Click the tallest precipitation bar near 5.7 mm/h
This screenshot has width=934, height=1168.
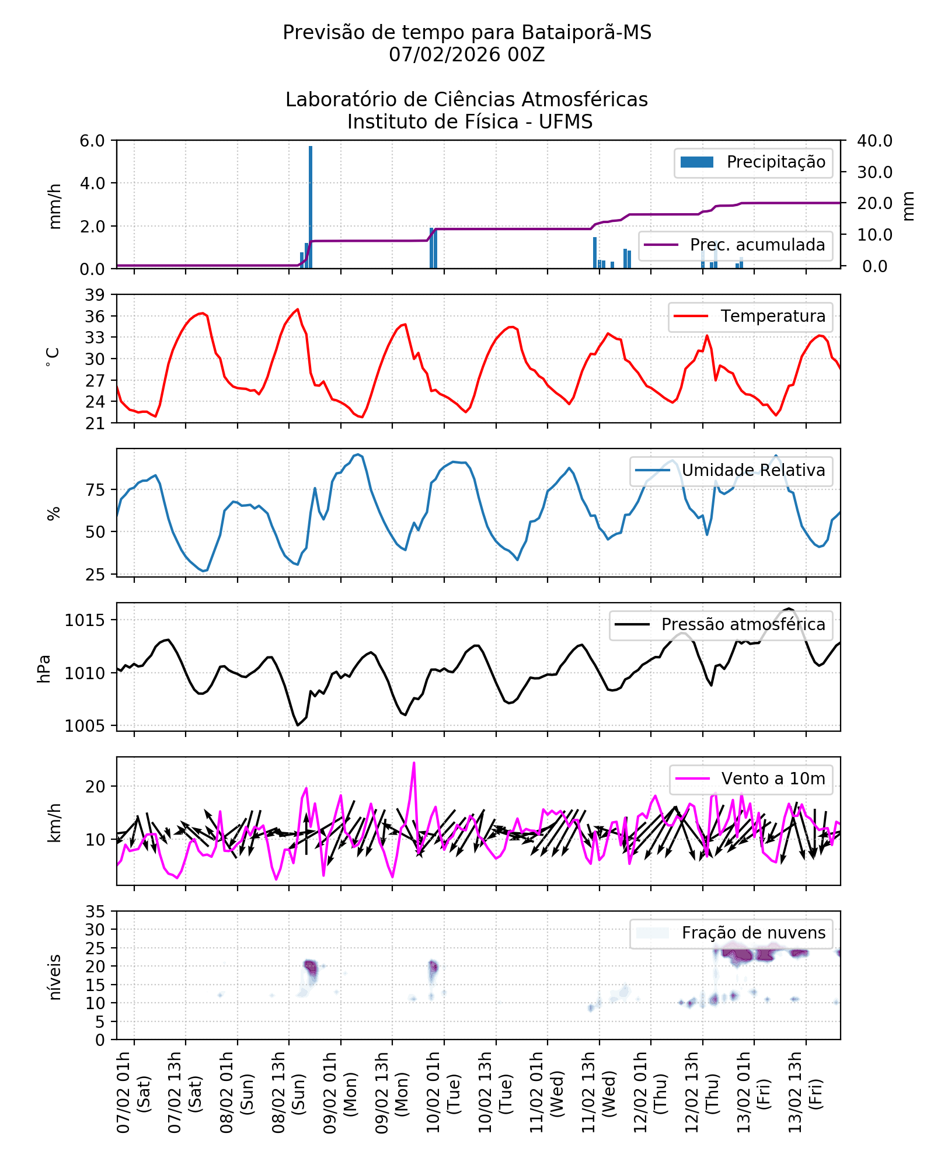point(311,207)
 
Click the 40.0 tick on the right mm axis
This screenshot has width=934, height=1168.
point(874,141)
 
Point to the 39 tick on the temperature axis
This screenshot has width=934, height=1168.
point(95,295)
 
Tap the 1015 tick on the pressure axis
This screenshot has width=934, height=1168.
point(85,620)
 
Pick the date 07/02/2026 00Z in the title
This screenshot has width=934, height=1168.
point(466,55)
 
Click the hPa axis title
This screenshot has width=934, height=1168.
point(44,669)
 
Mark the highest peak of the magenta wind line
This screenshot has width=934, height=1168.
point(414,763)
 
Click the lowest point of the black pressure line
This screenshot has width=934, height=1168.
point(298,725)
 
